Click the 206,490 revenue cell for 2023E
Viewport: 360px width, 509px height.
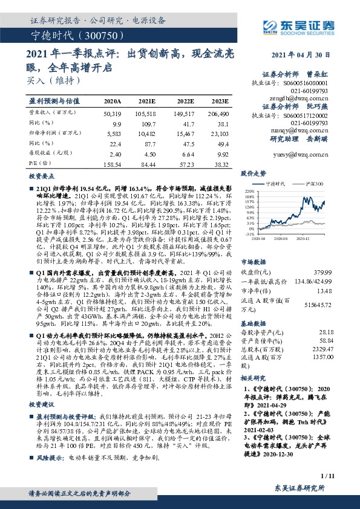(218, 114)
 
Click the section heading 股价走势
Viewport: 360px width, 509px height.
(254, 173)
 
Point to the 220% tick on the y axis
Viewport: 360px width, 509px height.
(249, 190)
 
